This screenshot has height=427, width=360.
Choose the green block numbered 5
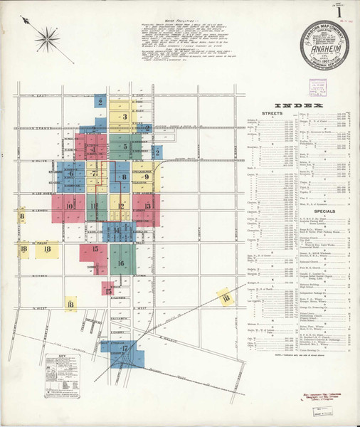tap(125, 147)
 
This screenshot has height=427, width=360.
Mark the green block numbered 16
tap(121, 263)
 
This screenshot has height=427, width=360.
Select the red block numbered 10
tap(70, 206)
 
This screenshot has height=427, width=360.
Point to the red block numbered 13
tap(147, 206)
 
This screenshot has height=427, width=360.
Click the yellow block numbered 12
tap(121, 208)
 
